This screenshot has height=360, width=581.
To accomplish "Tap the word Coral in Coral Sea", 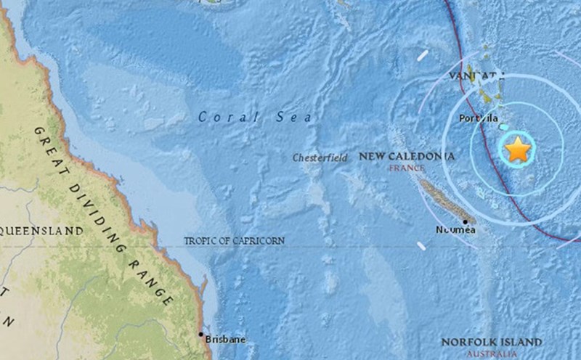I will [x=224, y=117].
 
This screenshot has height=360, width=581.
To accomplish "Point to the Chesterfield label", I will [x=316, y=157].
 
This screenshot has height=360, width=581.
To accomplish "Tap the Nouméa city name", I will [x=455, y=230].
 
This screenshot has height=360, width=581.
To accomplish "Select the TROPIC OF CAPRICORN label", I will [x=234, y=240].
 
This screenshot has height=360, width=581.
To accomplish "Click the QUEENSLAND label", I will [x=41, y=231].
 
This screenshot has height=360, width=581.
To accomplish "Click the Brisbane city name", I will [x=225, y=340].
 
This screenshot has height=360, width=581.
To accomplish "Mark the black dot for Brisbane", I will [x=201, y=334].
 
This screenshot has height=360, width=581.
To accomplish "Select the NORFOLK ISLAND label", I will [x=492, y=342].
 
